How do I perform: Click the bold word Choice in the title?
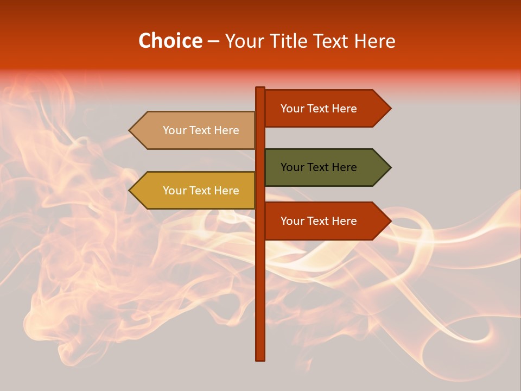[x=170, y=41]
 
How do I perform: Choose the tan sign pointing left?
[x=195, y=130]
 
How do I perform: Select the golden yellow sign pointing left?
[x=195, y=191]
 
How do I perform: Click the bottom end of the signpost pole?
[x=260, y=358]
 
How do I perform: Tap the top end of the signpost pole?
[x=260, y=89]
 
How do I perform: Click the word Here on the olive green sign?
[x=344, y=167]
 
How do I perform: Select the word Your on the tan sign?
[x=175, y=130]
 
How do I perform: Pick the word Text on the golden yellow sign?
[x=201, y=191]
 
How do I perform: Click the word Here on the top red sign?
[x=344, y=109]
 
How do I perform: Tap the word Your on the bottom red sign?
[x=293, y=221]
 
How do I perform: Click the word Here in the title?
[x=373, y=41]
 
